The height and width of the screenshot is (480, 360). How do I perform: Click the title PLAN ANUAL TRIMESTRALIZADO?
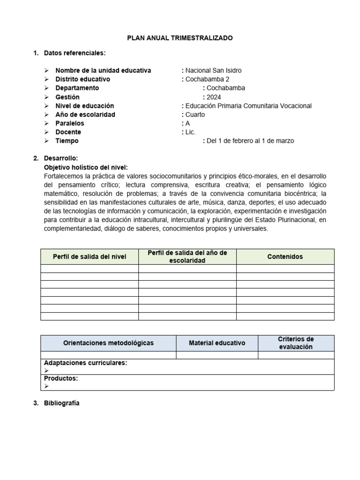click(180, 38)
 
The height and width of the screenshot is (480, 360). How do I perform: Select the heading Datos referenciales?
click(75, 52)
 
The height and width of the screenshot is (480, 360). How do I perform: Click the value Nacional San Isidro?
click(213, 70)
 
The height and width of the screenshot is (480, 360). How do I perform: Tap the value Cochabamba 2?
click(207, 79)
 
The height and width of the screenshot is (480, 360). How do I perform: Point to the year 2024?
click(214, 97)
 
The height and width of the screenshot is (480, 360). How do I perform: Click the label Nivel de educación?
click(84, 106)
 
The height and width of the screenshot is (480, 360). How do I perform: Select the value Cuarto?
click(195, 114)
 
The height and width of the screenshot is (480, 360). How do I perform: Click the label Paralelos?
click(69, 123)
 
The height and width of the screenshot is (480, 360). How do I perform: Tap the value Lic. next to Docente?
click(190, 132)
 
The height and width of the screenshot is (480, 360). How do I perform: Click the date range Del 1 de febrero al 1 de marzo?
click(250, 141)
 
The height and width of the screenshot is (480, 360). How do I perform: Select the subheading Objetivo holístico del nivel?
click(85, 167)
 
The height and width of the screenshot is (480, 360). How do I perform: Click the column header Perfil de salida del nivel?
click(90, 257)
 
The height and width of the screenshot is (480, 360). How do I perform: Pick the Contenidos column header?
click(285, 256)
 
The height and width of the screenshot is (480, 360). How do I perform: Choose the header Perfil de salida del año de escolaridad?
click(187, 256)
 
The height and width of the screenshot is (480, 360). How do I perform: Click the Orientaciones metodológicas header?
click(108, 343)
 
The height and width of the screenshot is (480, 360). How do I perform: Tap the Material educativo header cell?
click(217, 343)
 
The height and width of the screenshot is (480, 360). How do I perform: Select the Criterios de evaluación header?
click(296, 343)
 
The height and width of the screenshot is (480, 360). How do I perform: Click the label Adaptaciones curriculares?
click(85, 363)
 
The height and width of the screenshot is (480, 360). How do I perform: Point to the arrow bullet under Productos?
click(46, 386)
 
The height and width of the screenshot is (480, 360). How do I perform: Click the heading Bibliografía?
click(61, 403)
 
